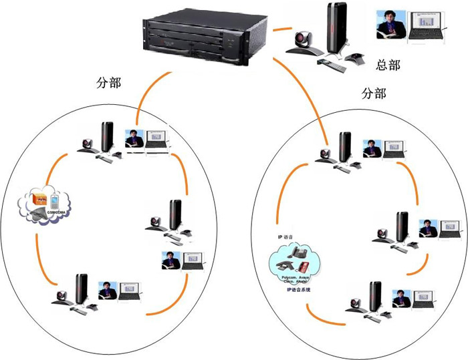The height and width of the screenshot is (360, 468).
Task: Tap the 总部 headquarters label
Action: point(388,65)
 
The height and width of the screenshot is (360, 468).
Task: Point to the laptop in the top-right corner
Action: point(427,25)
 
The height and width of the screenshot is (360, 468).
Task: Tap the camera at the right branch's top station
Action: point(326,156)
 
